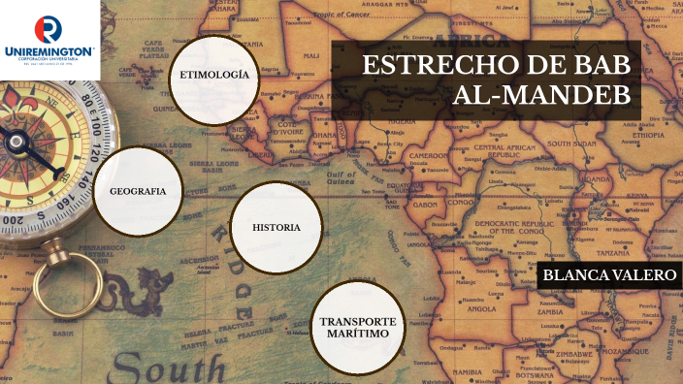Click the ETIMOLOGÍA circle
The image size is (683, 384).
214,77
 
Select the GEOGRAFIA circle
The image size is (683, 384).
138,191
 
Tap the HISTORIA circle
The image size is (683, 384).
276,228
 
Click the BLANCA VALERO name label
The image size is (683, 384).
608,275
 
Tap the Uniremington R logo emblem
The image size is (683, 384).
48,26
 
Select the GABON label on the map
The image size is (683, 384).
424,206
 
